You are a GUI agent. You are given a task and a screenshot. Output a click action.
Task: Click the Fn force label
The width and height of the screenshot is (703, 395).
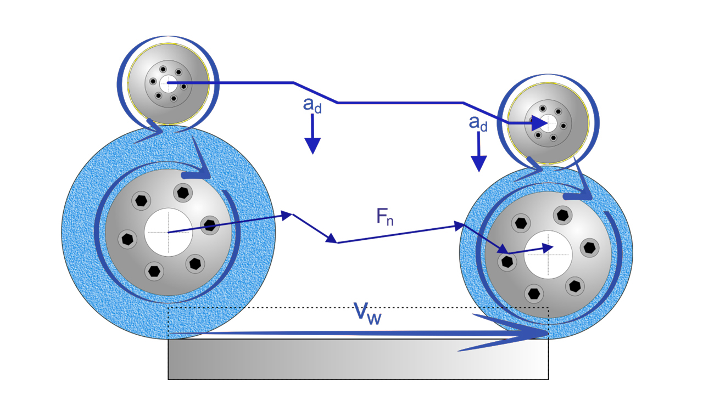pyautogui.click(x=385, y=217)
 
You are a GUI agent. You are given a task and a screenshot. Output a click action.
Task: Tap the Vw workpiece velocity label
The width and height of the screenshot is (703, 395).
pyautogui.click(x=367, y=313)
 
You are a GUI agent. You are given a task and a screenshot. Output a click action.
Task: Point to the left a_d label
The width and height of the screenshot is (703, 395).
pyautogui.click(x=312, y=106)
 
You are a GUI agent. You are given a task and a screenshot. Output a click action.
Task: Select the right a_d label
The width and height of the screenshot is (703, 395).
pyautogui.click(x=478, y=123)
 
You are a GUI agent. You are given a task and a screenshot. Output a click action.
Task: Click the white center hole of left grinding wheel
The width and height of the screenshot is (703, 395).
pyautogui.click(x=168, y=232)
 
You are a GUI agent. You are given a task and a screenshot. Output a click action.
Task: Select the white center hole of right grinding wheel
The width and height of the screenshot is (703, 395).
pyautogui.click(x=548, y=255)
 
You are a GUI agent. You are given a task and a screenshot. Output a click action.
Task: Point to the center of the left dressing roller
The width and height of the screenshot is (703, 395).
pyautogui.click(x=168, y=83)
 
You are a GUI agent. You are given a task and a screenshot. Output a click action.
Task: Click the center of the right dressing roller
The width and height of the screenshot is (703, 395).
pyautogui.click(x=548, y=123)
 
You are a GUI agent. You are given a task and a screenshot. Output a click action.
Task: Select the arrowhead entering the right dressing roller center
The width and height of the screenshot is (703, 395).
pyautogui.click(x=541, y=124)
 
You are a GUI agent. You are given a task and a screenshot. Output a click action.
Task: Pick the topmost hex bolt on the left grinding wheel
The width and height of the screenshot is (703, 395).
pyautogui.click(x=182, y=192)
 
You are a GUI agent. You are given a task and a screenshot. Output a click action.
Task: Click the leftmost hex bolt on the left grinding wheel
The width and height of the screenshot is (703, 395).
pyautogui.click(x=127, y=239)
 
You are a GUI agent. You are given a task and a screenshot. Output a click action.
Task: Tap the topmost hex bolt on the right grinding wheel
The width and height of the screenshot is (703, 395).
pyautogui.click(x=562, y=214)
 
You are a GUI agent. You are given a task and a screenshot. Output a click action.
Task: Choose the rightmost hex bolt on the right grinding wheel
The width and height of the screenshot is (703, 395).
pyautogui.click(x=590, y=248)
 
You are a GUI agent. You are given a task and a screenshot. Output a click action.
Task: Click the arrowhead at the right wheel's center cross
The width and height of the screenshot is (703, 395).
pyautogui.click(x=547, y=248)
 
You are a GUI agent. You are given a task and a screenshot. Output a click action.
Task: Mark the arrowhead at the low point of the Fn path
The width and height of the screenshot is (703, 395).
pyautogui.click(x=332, y=240)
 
